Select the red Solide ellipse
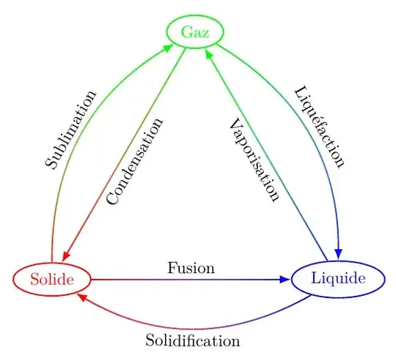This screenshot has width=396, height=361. [52, 280]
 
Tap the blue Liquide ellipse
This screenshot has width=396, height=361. [337, 279]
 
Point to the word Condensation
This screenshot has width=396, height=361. [135, 162]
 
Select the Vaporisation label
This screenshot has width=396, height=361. [254, 159]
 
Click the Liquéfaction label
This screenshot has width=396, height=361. [319, 127]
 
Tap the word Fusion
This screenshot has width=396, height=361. [191, 268]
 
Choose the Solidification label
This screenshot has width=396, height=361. [192, 340]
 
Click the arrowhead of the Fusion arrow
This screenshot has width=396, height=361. [286, 280]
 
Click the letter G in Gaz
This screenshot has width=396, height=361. [186, 32]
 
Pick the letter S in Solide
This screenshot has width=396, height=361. [34, 280]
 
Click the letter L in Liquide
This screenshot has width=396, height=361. [316, 279]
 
